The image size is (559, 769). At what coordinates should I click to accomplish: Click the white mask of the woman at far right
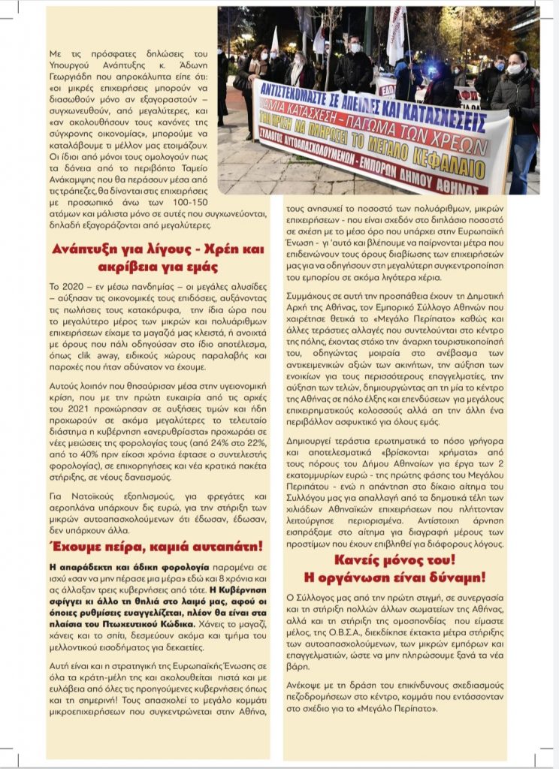click(515, 68)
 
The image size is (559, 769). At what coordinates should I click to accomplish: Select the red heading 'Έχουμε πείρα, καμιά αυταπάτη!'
click(156, 545)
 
